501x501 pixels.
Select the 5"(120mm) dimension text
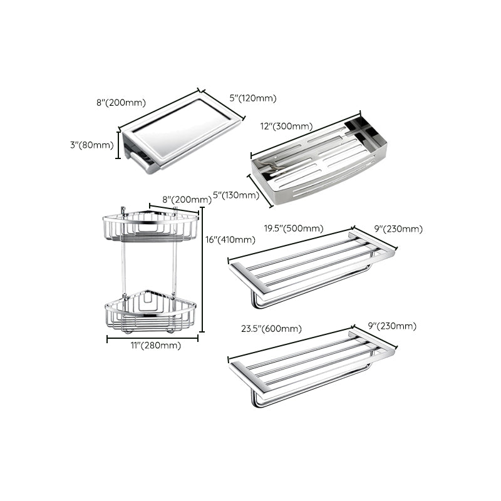click(252, 98)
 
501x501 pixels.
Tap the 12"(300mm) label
click(286, 127)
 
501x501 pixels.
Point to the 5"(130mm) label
click(236, 195)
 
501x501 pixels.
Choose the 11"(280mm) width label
click(153, 346)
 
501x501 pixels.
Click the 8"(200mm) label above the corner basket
click(187, 200)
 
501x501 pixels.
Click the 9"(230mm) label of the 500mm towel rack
click(399, 229)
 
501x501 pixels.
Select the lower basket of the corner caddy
click(150, 311)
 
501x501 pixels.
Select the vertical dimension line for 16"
click(202, 269)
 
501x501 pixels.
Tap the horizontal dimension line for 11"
click(152, 338)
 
